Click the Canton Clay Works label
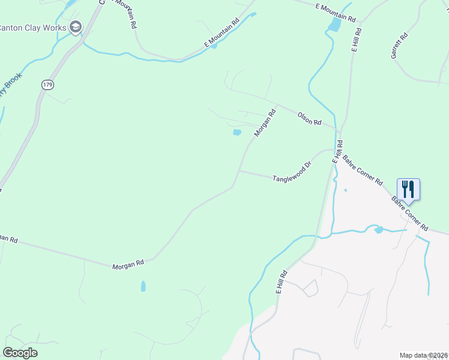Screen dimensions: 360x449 (x=32, y=28)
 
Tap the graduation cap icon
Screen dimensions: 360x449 (x=75, y=27)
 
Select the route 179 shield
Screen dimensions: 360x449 (x=47, y=85)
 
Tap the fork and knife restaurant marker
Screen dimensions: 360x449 (x=408, y=189)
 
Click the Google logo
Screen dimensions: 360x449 (x=20, y=353)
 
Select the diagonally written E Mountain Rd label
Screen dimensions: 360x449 (x=221, y=32)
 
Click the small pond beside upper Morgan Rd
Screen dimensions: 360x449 (x=237, y=133)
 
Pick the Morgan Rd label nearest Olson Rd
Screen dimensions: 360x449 (x=264, y=122)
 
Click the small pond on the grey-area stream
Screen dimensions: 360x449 (x=378, y=230)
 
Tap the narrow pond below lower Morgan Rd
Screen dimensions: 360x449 (x=143, y=286)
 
